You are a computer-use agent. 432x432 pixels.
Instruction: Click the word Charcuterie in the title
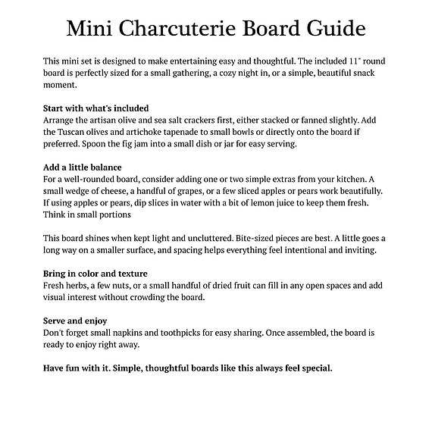(x=185, y=29)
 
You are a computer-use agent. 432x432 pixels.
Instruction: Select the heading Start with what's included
(x=95, y=108)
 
